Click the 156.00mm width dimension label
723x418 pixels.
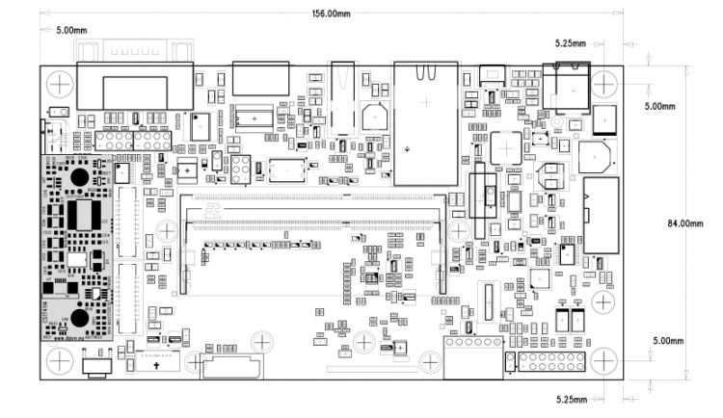pos(331,13)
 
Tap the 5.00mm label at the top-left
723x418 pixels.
pos(72,30)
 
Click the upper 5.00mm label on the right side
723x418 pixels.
pos(666,105)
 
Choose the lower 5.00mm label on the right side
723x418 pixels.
pos(666,341)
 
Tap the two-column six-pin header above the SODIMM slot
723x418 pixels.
pos(239,170)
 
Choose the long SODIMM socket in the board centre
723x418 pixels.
pos(313,222)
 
